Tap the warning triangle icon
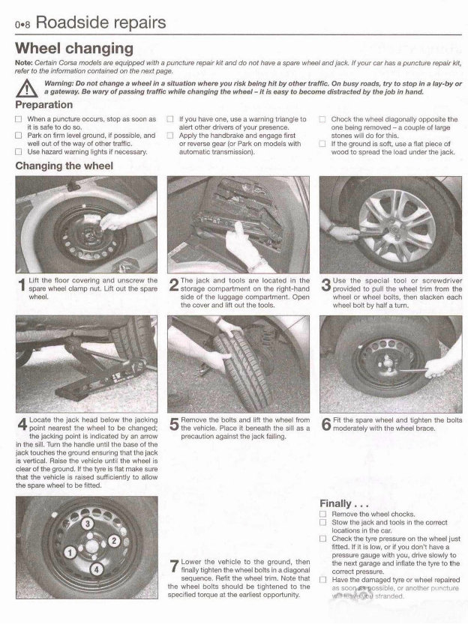click(28, 88)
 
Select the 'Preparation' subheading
click(44, 105)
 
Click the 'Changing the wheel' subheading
click(64, 165)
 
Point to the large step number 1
click(21, 285)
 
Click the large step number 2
click(173, 285)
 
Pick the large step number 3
click(325, 285)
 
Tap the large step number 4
click(21, 426)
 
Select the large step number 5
click(173, 426)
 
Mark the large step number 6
click(325, 426)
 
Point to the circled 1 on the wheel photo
click(69, 554)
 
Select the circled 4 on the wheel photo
click(96, 570)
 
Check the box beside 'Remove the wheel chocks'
click(322, 515)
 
